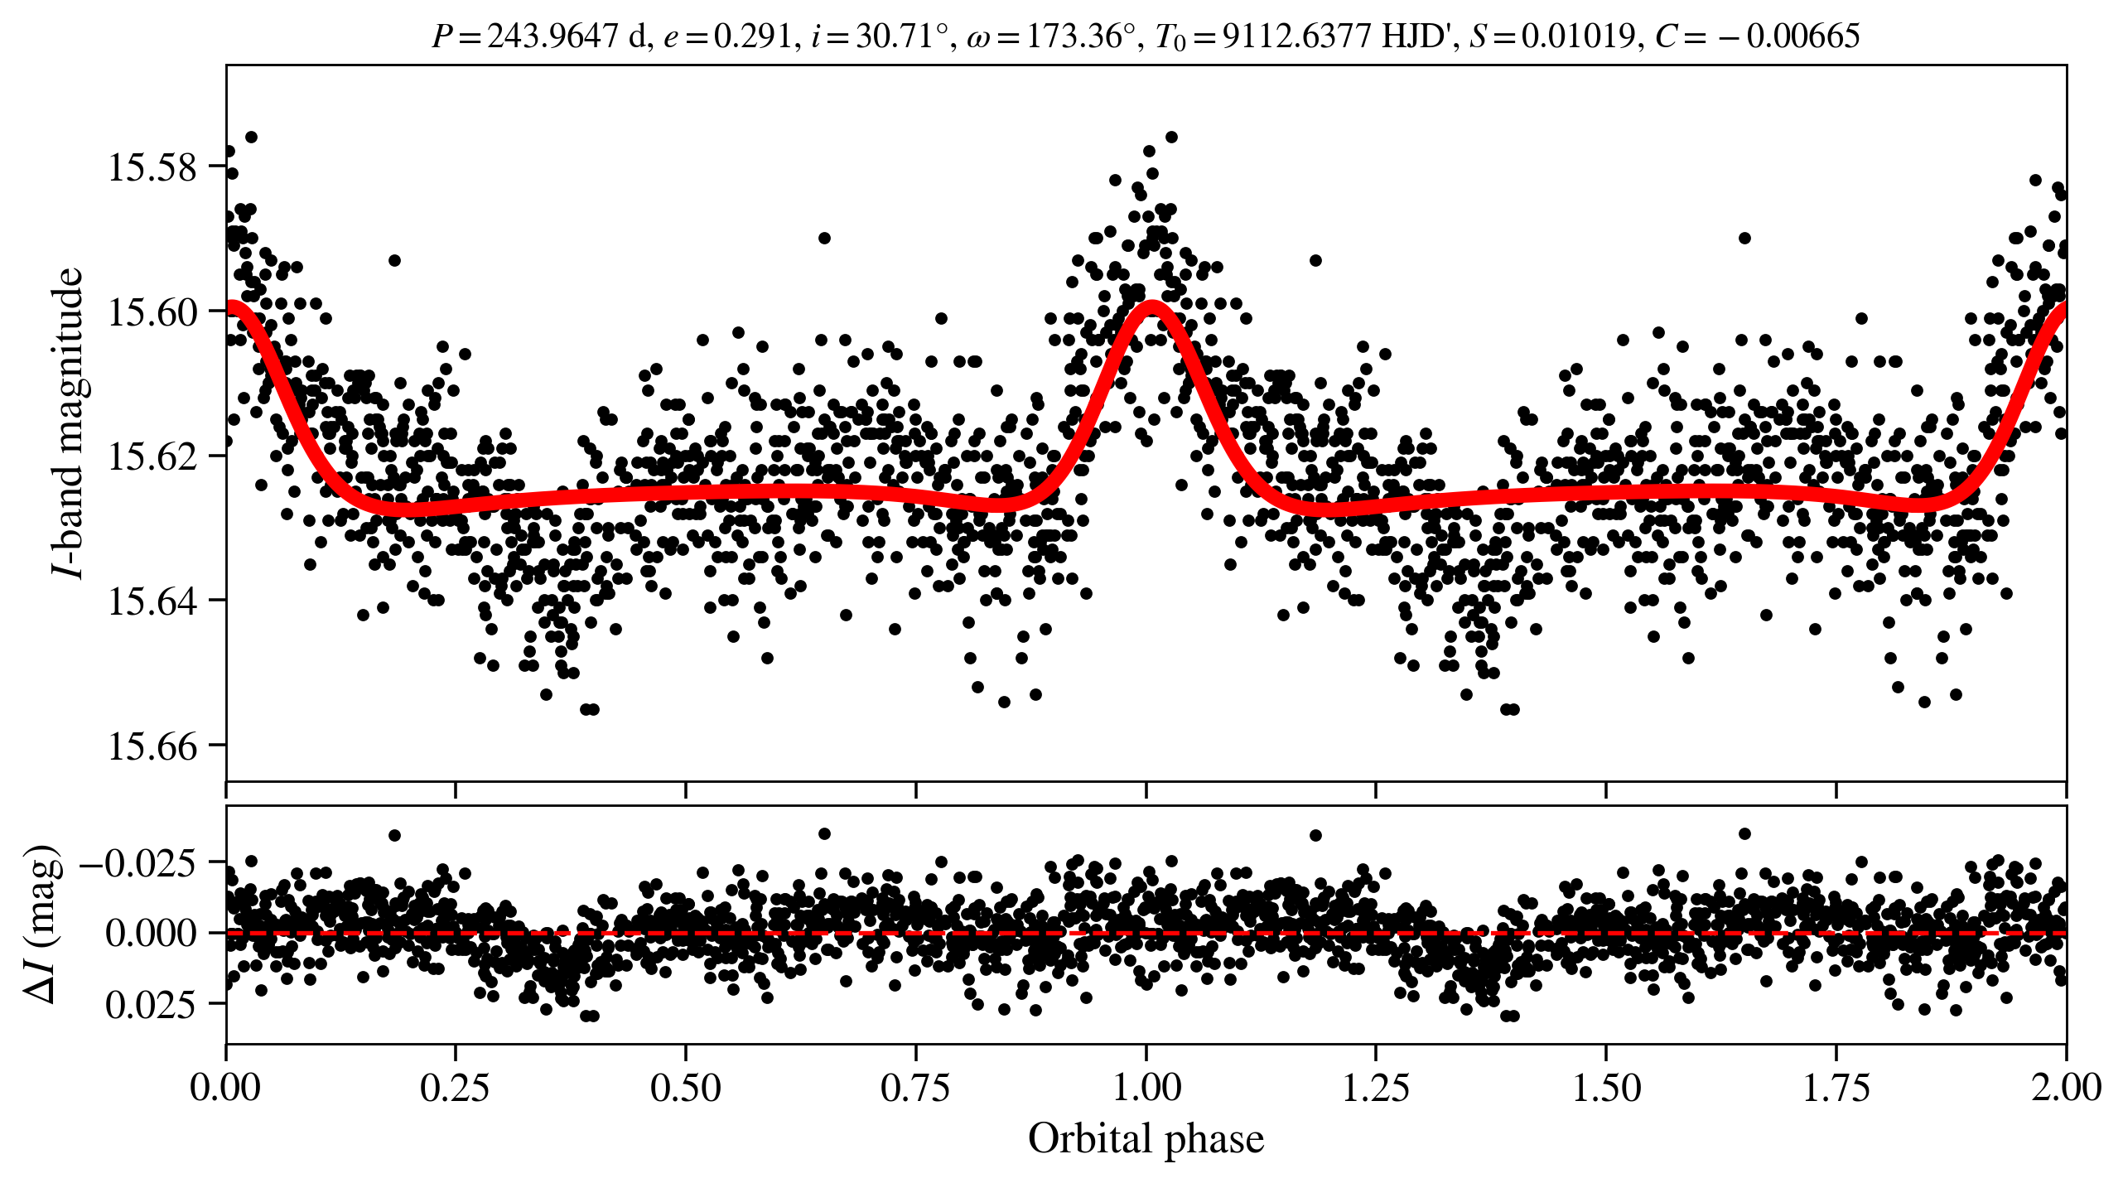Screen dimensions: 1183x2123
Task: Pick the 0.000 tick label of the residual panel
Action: pyautogui.click(x=151, y=933)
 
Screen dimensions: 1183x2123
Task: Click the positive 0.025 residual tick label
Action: pyautogui.click(x=151, y=1004)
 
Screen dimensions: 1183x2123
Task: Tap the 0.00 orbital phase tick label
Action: pyautogui.click(x=225, y=1087)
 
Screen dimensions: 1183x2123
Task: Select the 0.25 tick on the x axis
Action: pyautogui.click(x=455, y=1087)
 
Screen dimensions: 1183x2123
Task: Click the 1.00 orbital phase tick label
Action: pyautogui.click(x=1146, y=1087)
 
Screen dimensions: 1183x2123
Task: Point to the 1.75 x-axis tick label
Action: pyautogui.click(x=1836, y=1087)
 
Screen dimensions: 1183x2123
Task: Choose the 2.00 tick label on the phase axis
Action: pyautogui.click(x=2066, y=1087)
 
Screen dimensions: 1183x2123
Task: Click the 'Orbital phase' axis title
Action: pyautogui.click(x=1146, y=1139)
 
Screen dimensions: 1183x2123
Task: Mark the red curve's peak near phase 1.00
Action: pyautogui.click(x=1151, y=306)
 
